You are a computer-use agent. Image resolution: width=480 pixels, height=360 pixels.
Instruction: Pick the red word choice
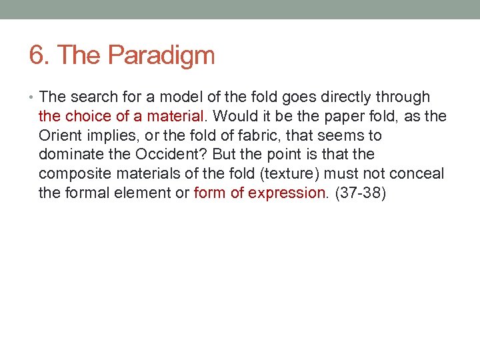point(88,116)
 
